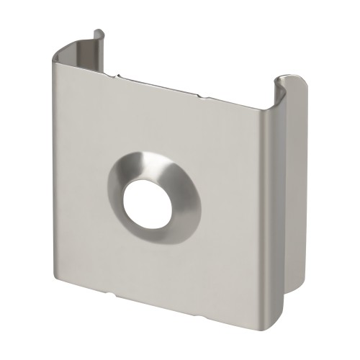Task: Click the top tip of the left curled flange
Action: point(99,32)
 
